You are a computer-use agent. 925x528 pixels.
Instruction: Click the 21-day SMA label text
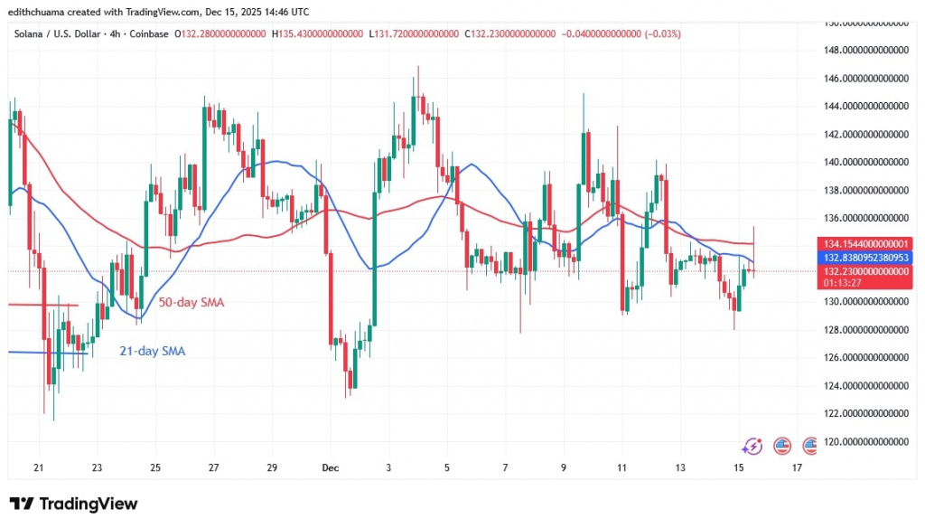153,351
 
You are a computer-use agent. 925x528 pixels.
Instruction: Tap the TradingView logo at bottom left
74,504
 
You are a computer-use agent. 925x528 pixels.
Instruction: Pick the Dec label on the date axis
332,467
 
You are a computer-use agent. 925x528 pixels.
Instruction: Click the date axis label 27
213,467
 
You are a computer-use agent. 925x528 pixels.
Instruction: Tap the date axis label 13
680,467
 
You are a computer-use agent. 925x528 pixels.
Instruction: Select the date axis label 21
38,467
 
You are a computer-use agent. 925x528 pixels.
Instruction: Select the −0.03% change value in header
664,33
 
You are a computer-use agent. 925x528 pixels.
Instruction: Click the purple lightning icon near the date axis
752,446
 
